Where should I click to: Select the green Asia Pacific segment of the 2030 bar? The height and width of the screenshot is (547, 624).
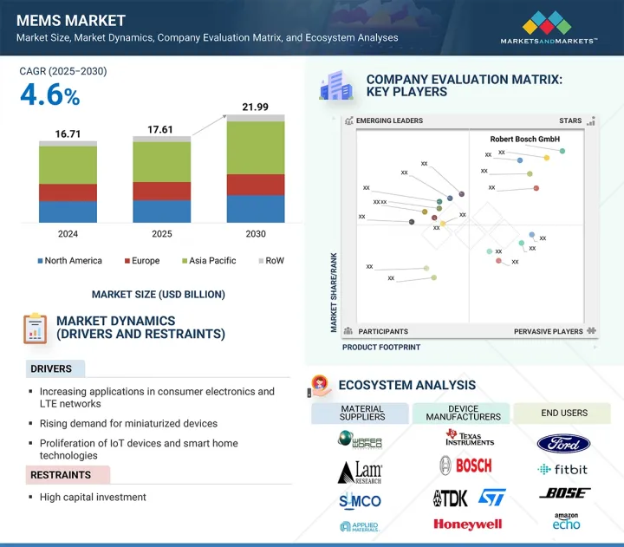pyautogui.click(x=256, y=147)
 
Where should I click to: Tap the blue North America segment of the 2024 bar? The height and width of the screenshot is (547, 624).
pyautogui.click(x=68, y=212)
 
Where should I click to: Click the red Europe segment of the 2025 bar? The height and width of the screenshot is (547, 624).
pyautogui.click(x=161, y=191)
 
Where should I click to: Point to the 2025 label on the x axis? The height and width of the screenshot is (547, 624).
pyautogui.click(x=161, y=234)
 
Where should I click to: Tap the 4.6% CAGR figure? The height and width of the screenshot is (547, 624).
pyautogui.click(x=50, y=96)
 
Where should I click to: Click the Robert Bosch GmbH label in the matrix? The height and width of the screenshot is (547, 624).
pyautogui.click(x=525, y=139)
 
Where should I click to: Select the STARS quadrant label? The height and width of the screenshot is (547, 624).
pyautogui.click(x=569, y=121)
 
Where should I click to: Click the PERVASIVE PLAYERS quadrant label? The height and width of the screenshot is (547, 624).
pyautogui.click(x=548, y=331)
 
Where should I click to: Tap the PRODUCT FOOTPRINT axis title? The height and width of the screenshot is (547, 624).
pyautogui.click(x=381, y=348)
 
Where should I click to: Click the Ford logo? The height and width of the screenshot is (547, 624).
pyautogui.click(x=563, y=444)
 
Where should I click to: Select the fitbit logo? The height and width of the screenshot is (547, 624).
pyautogui.click(x=563, y=470)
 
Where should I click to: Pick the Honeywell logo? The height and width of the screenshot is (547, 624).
pyautogui.click(x=468, y=524)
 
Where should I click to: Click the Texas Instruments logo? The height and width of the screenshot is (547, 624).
pyautogui.click(x=469, y=438)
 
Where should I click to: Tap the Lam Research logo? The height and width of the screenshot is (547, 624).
pyautogui.click(x=360, y=472)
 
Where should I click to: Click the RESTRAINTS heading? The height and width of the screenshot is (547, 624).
pyautogui.click(x=62, y=475)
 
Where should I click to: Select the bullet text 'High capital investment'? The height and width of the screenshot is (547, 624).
pyautogui.click(x=93, y=498)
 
